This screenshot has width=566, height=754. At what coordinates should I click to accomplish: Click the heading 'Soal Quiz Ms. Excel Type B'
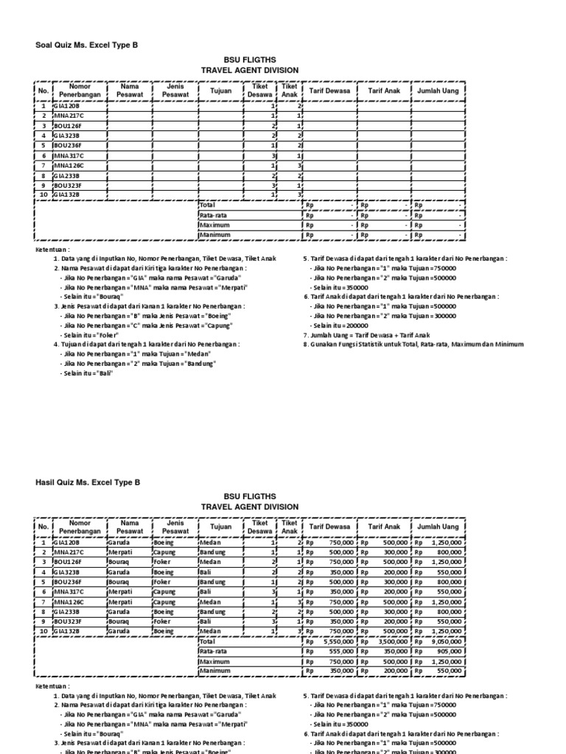tap(87, 45)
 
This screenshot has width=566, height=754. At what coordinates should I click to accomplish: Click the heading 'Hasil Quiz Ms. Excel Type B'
tap(88, 482)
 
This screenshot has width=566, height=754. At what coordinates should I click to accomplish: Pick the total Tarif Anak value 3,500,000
tap(391, 641)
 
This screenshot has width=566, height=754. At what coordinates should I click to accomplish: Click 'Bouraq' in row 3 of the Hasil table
tap(122, 560)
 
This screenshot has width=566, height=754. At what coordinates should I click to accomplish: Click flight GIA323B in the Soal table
tap(69, 135)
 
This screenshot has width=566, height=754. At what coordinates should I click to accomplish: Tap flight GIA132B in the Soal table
tap(69, 194)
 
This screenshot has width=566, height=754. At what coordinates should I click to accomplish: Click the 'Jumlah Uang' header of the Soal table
tap(438, 90)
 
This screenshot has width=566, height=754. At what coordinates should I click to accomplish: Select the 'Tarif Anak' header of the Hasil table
tap(383, 527)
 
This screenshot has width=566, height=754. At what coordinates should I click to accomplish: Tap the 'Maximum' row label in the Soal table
tap(215, 225)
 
